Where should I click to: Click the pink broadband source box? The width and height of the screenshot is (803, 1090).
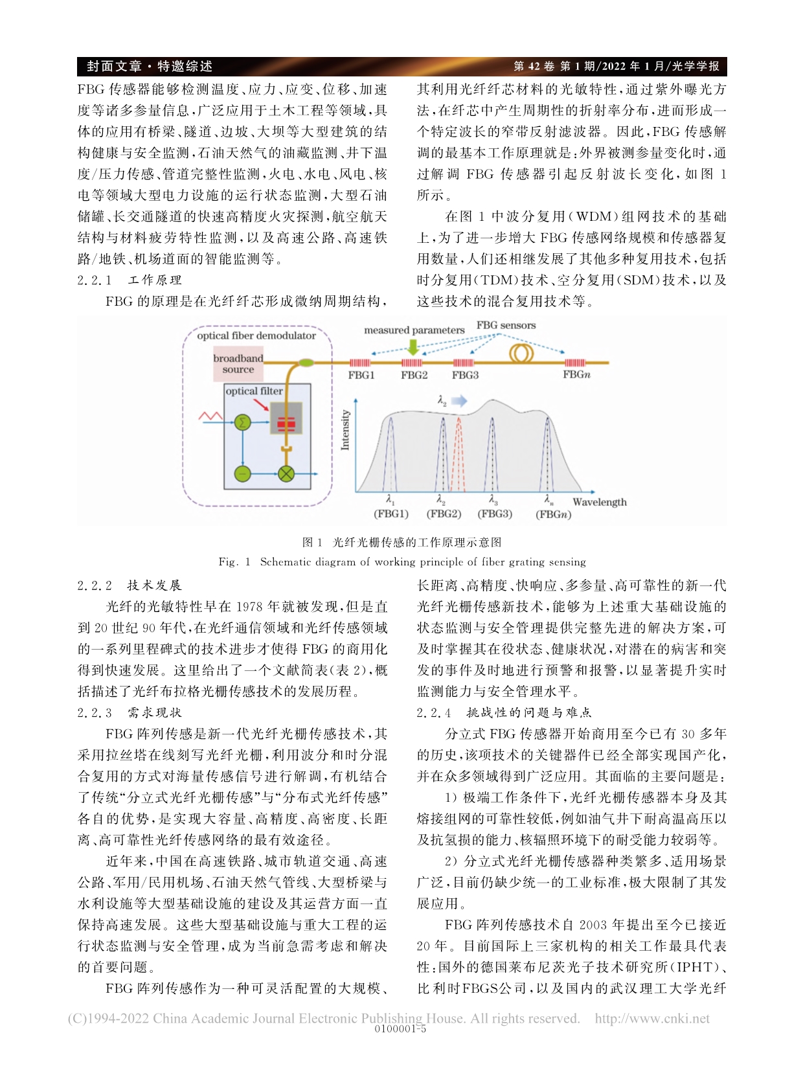click(238, 364)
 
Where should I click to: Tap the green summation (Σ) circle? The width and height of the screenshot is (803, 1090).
click(242, 422)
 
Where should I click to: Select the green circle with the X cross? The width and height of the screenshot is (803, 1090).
click(286, 473)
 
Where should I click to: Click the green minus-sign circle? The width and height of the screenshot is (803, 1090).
click(242, 473)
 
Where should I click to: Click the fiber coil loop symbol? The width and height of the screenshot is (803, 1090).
click(522, 354)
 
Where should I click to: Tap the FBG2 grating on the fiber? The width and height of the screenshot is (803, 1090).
click(412, 363)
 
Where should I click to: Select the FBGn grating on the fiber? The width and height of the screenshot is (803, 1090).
click(574, 363)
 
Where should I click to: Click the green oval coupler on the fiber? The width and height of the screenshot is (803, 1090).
click(304, 363)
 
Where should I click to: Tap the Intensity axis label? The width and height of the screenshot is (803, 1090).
click(345, 429)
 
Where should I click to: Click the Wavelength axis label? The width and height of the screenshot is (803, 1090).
click(599, 502)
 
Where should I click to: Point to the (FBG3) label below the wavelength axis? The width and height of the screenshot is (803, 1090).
click(495, 514)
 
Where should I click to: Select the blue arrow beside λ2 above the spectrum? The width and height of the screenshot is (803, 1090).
click(458, 402)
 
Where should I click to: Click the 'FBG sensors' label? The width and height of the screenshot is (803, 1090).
click(506, 325)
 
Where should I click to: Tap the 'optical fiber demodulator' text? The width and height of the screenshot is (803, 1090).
click(256, 335)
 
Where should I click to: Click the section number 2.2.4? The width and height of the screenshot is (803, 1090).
click(433, 712)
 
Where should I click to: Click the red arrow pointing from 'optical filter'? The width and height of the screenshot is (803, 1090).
click(261, 404)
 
